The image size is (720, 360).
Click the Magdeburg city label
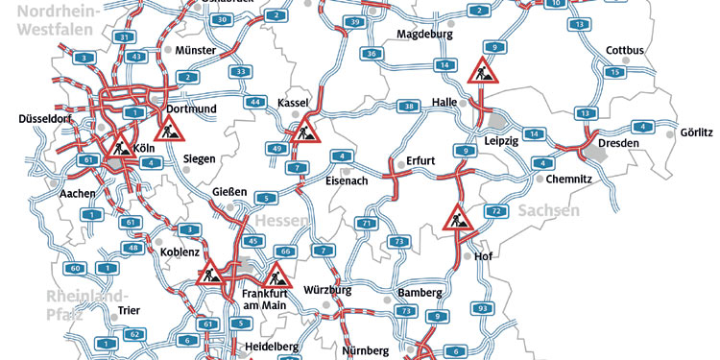coord(423,35)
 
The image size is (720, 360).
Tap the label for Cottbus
coord(626,50)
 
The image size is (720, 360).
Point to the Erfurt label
coord(421,160)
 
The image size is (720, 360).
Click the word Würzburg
coord(327,289)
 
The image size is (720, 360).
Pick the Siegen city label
coord(199,158)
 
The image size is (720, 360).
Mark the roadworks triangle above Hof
coord(458,219)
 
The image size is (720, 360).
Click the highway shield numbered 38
coord(410,106)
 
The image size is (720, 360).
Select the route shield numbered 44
coord(254,102)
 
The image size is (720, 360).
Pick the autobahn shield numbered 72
coord(495,210)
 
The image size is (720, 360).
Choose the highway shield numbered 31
coord(123,36)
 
